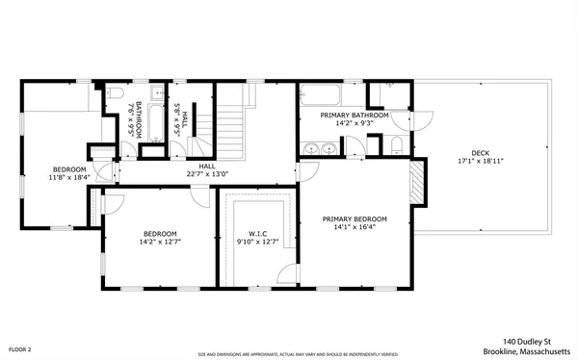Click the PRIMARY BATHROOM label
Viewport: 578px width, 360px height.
355,116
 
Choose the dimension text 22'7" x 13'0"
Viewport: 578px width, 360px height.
207,174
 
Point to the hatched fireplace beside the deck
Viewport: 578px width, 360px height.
417,183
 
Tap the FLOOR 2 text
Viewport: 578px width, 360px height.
20,348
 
